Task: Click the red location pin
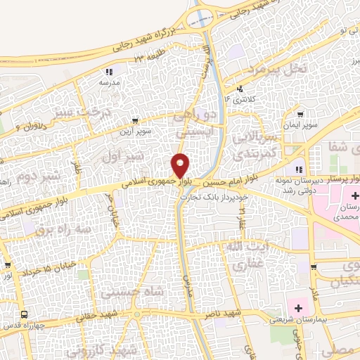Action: [x=181, y=166]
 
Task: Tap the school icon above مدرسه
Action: [x=109, y=71]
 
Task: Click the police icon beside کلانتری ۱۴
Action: [x=240, y=89]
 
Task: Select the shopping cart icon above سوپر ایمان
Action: [x=301, y=115]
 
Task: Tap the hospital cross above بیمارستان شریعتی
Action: [x=300, y=308]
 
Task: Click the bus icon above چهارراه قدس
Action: [x=25, y=314]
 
